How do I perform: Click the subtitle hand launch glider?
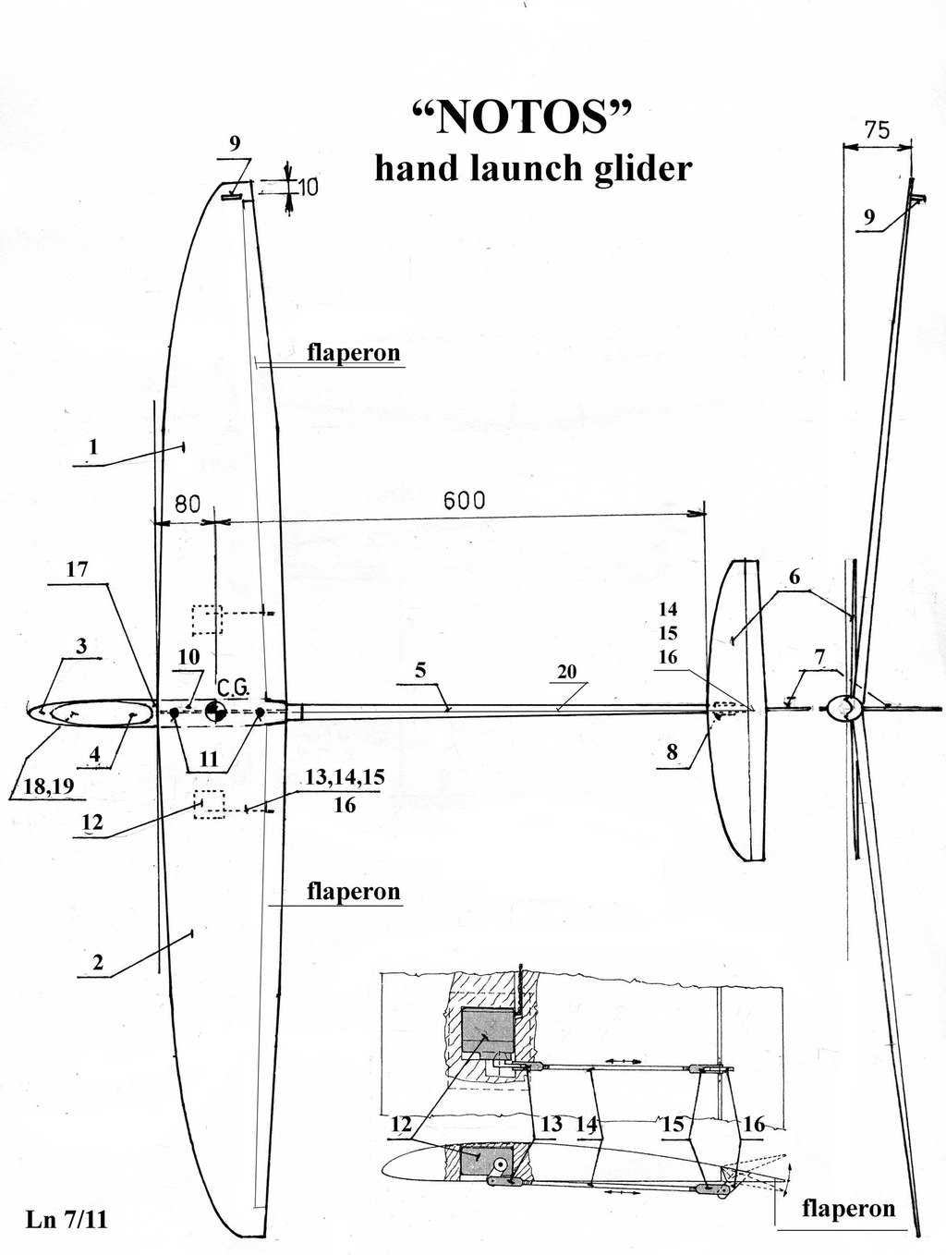click(x=533, y=168)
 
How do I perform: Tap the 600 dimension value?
click(x=464, y=500)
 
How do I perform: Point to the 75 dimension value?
click(x=877, y=130)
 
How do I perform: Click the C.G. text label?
click(x=231, y=687)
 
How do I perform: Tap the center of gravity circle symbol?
click(x=215, y=710)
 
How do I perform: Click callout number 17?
click(x=77, y=569)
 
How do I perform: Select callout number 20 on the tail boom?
click(x=566, y=672)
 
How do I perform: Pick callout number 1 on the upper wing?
click(x=91, y=448)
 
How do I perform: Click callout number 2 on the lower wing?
click(x=98, y=963)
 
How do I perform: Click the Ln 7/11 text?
click(x=67, y=1220)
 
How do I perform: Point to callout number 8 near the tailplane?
click(x=672, y=751)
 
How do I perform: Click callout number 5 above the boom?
click(x=420, y=671)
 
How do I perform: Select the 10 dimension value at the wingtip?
click(x=308, y=188)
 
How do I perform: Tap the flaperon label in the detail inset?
click(x=848, y=1208)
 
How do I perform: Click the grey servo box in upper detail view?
click(x=488, y=1032)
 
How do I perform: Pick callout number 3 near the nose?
click(x=81, y=646)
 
